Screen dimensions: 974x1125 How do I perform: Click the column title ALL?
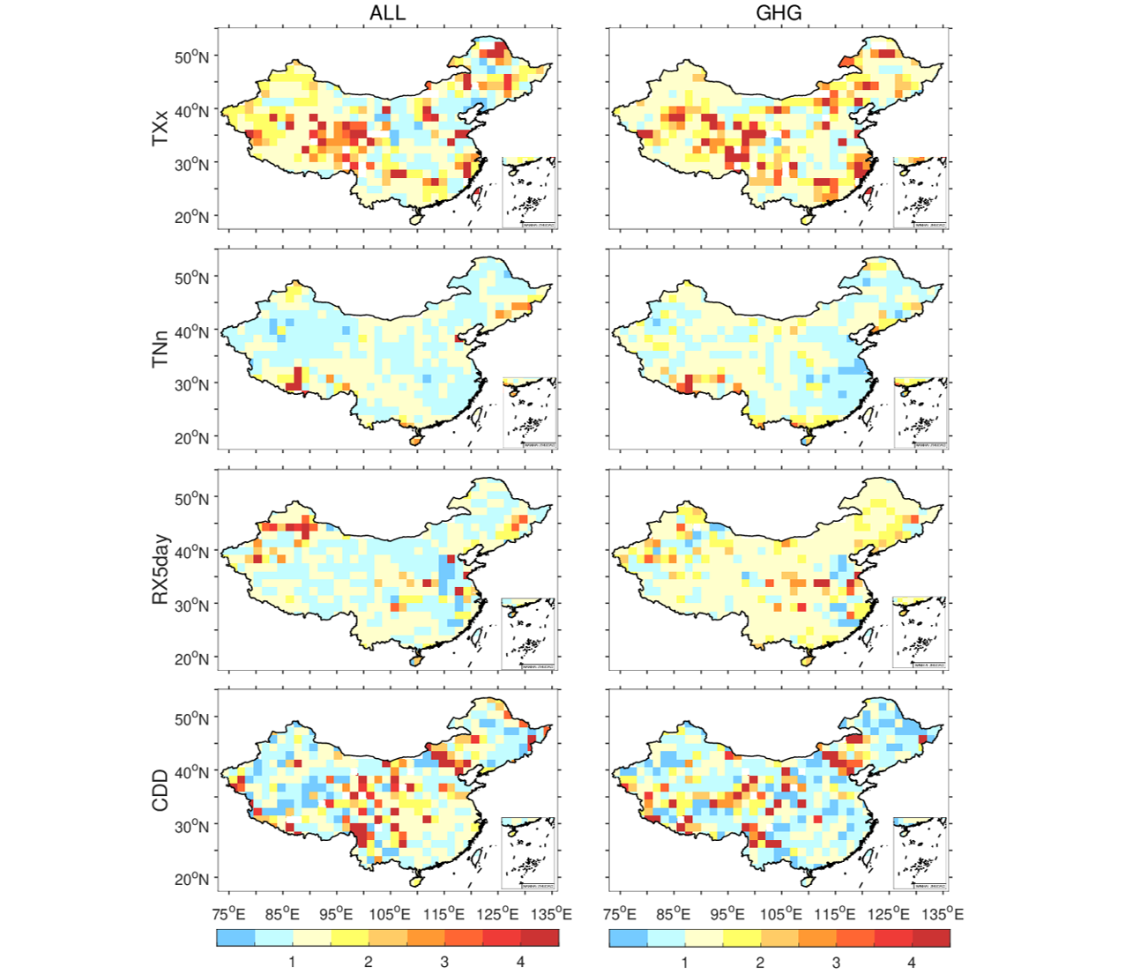coord(387,13)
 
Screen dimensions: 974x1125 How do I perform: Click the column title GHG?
coord(779,13)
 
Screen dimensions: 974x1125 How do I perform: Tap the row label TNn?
coord(160,349)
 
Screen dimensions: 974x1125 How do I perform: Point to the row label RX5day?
coord(160,569)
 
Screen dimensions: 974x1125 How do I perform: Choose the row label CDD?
coord(160,790)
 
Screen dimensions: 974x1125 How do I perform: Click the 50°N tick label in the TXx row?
coord(192,57)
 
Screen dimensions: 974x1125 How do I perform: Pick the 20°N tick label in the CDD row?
coord(192,879)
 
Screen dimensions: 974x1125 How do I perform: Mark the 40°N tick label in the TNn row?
coord(192,332)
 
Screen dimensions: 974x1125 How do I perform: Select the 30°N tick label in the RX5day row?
coord(192,606)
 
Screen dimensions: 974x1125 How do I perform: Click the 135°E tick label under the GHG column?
coord(942,914)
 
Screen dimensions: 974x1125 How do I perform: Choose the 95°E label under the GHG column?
coord(728,914)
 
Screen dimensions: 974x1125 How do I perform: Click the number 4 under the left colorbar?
coord(520,962)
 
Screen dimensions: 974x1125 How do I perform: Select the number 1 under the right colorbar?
coord(685,962)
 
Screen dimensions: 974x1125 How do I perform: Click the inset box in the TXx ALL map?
coord(529,192)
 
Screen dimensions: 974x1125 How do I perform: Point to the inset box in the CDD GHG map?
coord(920,853)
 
